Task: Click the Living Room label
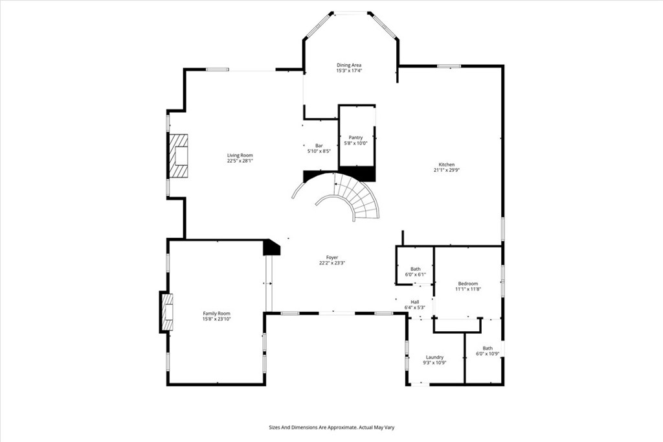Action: point(240,156)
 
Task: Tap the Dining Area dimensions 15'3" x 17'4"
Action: point(349,71)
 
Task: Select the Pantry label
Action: point(355,137)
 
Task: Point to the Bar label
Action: point(319,146)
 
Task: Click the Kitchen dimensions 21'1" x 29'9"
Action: point(447,170)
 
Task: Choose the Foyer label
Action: point(332,257)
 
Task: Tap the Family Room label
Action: point(216,314)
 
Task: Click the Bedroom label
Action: point(468,284)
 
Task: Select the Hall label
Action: point(415,302)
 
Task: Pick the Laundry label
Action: point(434,357)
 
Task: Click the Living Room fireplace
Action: point(179,156)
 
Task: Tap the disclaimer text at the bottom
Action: point(331,428)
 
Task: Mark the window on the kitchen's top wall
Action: point(449,66)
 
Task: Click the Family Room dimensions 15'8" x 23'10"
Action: point(216,320)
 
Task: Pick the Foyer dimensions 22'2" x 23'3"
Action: point(332,263)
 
